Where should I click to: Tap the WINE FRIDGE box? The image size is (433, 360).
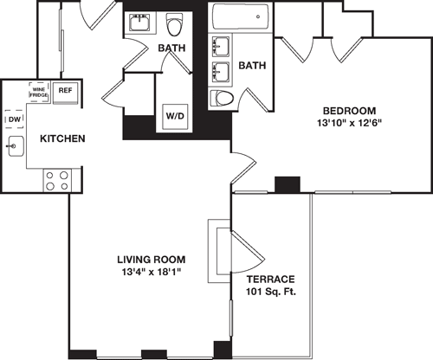point(39,92)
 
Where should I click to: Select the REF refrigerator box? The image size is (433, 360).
point(65,90)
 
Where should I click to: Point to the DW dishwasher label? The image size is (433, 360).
point(14,119)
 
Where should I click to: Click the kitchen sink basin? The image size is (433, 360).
point(15,147)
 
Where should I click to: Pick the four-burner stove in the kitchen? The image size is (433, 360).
point(57,180)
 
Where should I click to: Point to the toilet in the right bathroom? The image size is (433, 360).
point(223,98)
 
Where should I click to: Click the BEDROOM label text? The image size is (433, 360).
point(349,111)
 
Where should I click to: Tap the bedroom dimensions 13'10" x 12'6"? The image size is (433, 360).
point(349,123)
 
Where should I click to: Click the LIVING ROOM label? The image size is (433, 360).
point(152,260)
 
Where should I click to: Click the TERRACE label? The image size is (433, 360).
point(270,280)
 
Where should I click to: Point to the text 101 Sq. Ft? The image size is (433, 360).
point(270,292)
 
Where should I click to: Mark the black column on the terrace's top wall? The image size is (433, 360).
point(286,184)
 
